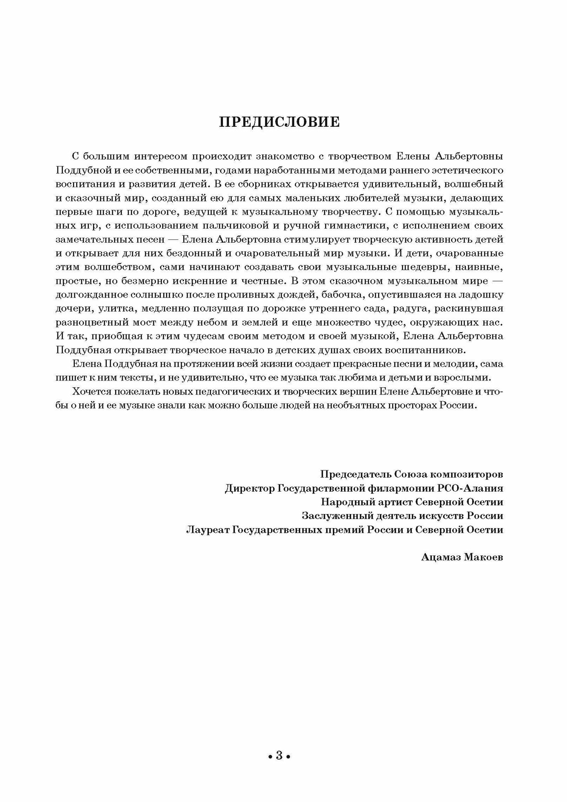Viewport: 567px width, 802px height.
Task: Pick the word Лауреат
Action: [x=207, y=530]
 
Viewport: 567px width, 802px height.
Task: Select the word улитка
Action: [x=105, y=309]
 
